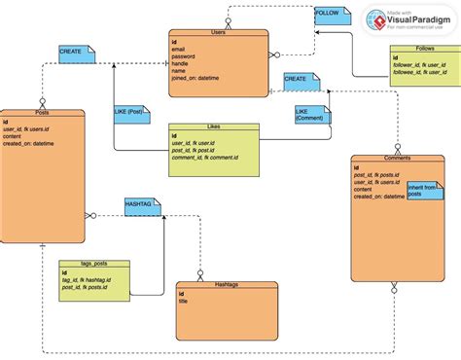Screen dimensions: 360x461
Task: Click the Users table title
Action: pyautogui.click(x=219, y=32)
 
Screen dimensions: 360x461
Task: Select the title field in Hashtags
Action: pyautogui.click(x=184, y=302)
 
